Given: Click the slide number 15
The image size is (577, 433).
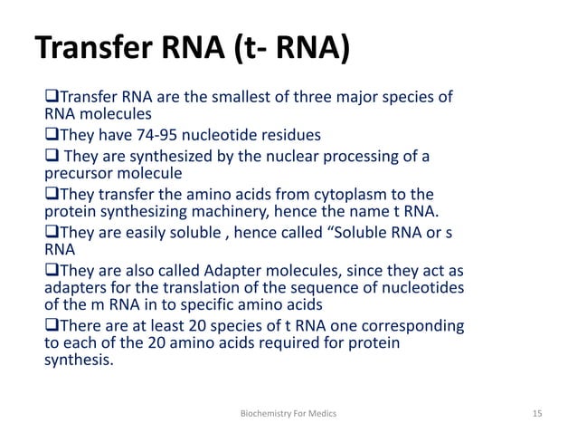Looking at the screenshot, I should click(537, 413).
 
